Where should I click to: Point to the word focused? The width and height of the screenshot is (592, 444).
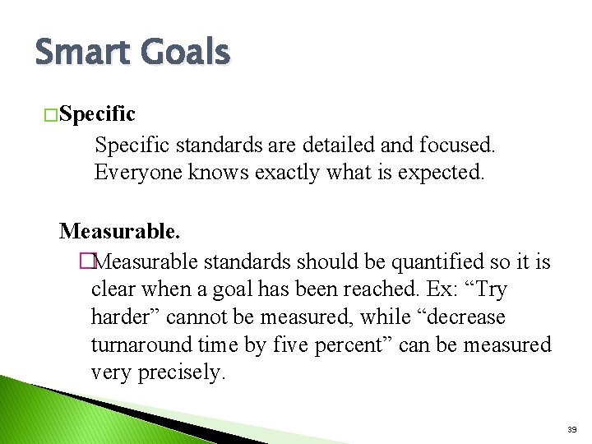(456, 146)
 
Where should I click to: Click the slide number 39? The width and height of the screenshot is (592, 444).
(571, 429)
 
